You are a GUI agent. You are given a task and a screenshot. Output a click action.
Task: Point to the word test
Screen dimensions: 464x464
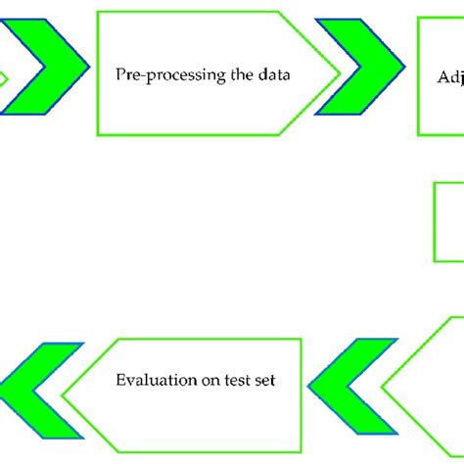pyautogui.click(x=232, y=381)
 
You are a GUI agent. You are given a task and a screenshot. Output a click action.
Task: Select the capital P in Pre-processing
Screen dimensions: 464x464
pyautogui.click(x=120, y=72)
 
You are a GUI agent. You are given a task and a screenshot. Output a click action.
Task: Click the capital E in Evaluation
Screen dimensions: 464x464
pyautogui.click(x=119, y=381)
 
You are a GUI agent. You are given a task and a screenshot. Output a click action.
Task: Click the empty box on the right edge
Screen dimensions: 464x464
pyautogui.click(x=449, y=221)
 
